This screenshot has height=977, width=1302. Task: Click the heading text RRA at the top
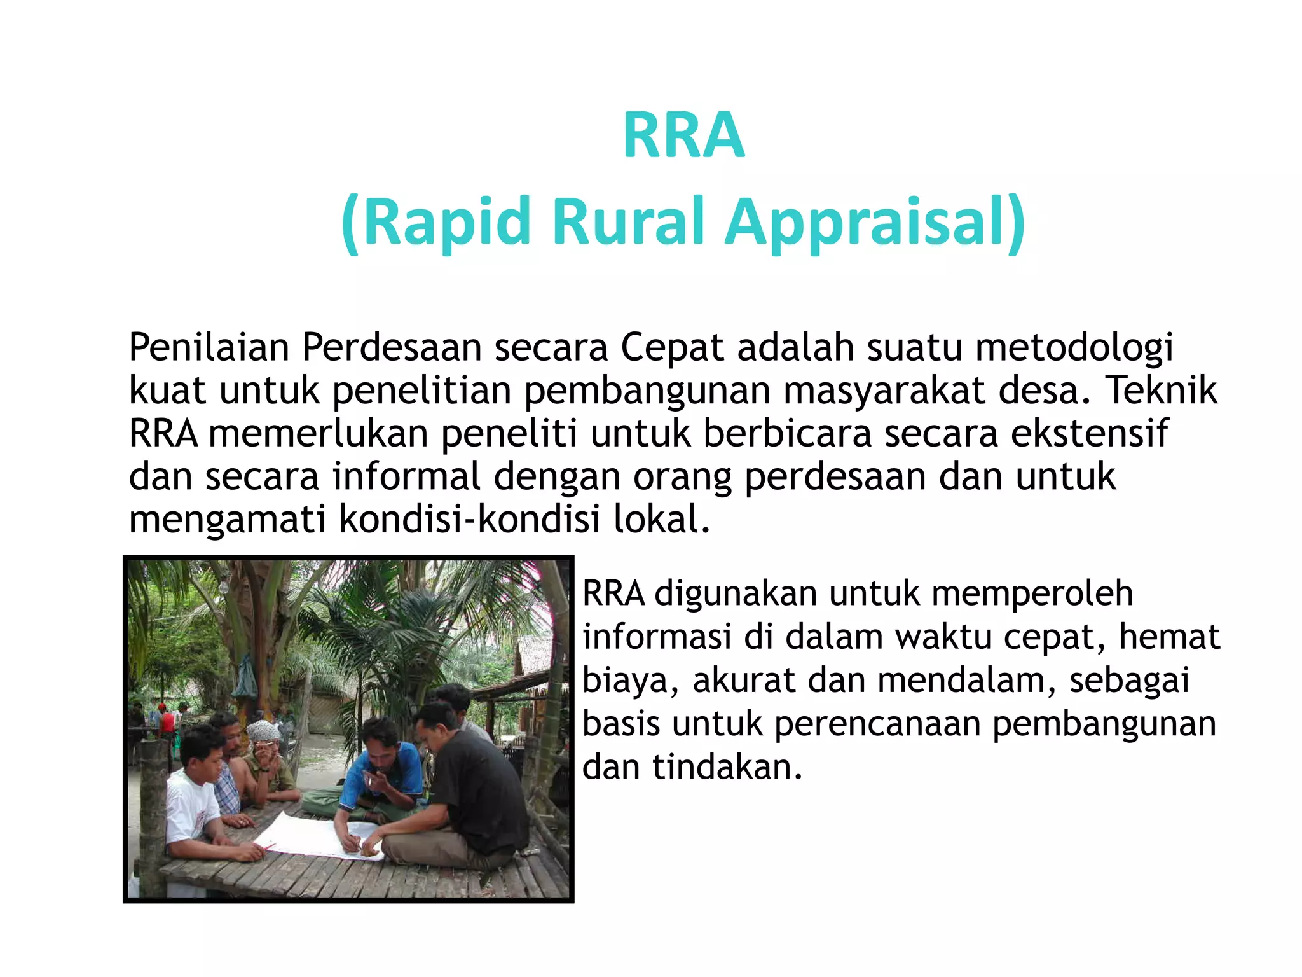pyautogui.click(x=683, y=135)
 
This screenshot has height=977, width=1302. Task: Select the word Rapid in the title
pyautogui.click(x=447, y=222)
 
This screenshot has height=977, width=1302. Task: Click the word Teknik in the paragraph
pyautogui.click(x=1162, y=391)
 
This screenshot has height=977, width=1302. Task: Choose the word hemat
pyautogui.click(x=1169, y=637)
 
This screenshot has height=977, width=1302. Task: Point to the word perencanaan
pyautogui.click(x=877, y=724)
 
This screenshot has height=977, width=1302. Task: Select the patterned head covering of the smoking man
pyautogui.click(x=263, y=731)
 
